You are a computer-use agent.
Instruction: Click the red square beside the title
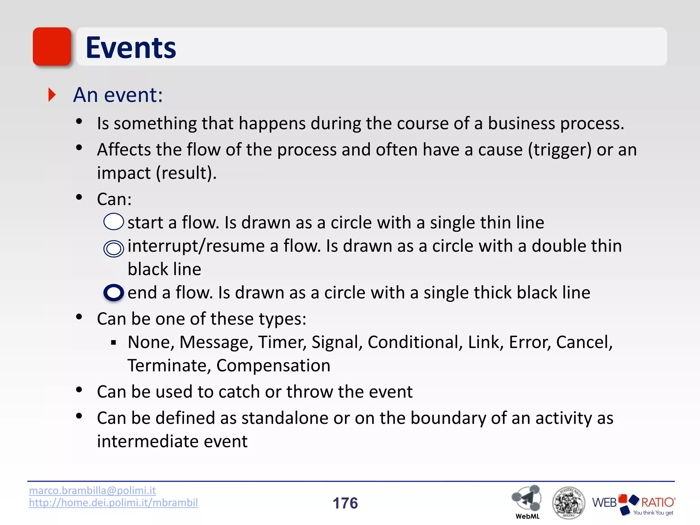tap(52, 46)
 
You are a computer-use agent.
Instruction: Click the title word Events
tap(131, 48)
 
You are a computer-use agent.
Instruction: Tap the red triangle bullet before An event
tap(52, 95)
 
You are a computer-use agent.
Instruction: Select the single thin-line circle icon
tap(113, 221)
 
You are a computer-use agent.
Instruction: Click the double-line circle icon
tap(113, 248)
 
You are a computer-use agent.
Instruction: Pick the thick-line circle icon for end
tap(113, 293)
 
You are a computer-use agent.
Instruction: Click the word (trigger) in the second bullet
tap(559, 150)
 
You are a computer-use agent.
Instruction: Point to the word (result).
tap(186, 173)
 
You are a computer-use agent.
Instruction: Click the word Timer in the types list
tap(282, 342)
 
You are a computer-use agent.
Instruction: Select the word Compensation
tap(273, 366)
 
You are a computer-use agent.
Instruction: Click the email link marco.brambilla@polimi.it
tap(92, 490)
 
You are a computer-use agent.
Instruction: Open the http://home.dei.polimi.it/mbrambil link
tap(113, 503)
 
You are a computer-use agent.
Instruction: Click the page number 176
tap(345, 503)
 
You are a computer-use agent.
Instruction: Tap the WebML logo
tap(527, 501)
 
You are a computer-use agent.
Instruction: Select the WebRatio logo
tap(633, 504)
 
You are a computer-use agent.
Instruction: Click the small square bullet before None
tap(114, 342)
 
